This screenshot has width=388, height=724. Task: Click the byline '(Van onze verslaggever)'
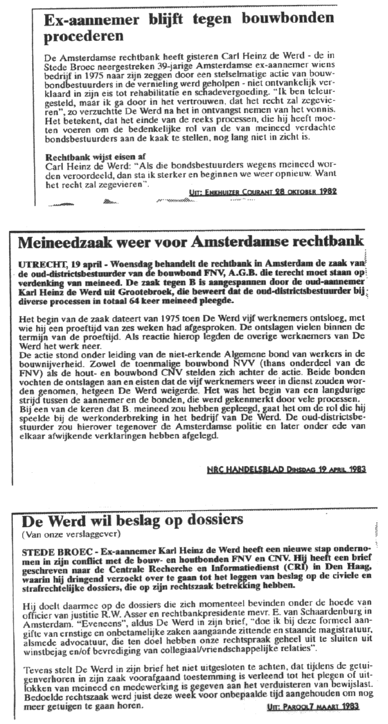click(x=66, y=533)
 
